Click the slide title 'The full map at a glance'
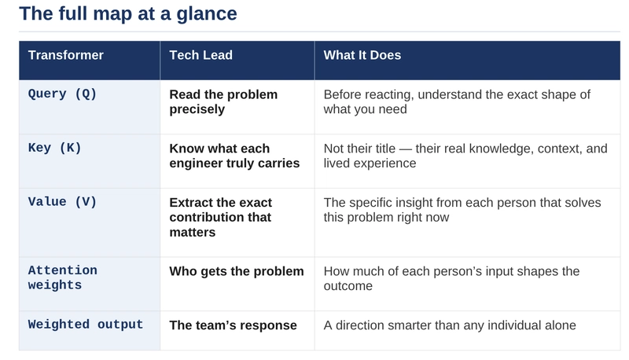(127, 13)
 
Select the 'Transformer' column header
(66, 55)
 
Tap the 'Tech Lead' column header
(201, 55)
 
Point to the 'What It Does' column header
(362, 55)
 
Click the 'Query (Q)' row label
(62, 94)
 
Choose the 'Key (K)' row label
(55, 148)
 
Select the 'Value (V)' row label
(62, 202)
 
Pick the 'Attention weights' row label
(63, 277)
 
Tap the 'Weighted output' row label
(86, 325)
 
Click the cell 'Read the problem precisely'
(223, 101)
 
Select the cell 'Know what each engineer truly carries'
(234, 156)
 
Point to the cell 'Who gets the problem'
(237, 271)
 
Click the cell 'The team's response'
(234, 325)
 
